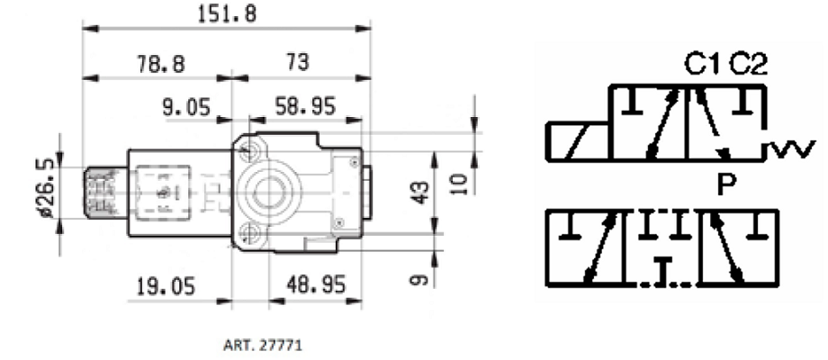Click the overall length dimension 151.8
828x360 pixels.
click(x=227, y=13)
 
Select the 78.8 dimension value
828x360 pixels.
click(x=161, y=64)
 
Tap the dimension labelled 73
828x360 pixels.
click(x=297, y=63)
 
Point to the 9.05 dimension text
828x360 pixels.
click(x=186, y=107)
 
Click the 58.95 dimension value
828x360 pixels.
click(x=305, y=107)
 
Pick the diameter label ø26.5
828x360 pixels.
click(x=47, y=188)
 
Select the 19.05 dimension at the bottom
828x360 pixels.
click(x=166, y=286)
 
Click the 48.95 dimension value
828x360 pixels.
click(x=316, y=285)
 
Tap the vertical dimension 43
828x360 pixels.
click(x=420, y=192)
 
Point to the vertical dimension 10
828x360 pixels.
click(x=459, y=184)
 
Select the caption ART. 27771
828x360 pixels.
click(x=263, y=346)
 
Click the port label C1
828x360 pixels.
click(x=703, y=65)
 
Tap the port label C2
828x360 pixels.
click(x=748, y=65)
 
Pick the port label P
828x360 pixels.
click(x=727, y=184)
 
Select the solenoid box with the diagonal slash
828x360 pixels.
click(x=578, y=141)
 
